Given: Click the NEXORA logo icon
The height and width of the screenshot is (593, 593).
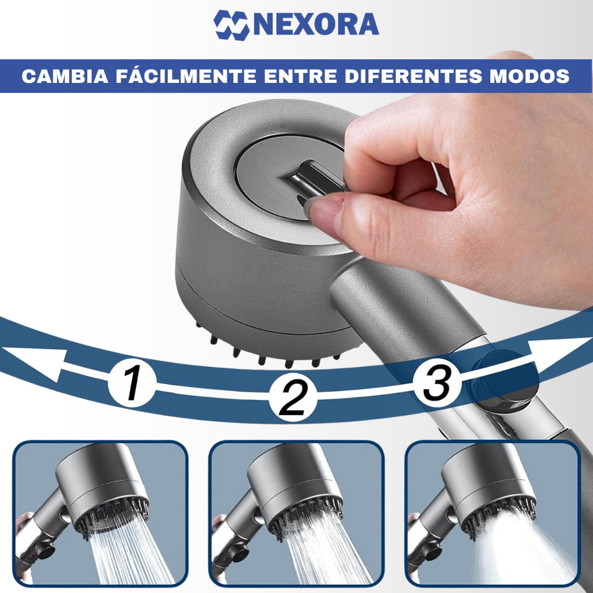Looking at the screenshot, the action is coord(232,25).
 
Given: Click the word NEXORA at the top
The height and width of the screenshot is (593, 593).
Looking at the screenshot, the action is coord(316,25).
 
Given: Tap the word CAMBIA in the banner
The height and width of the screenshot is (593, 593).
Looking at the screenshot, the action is coord(65,76).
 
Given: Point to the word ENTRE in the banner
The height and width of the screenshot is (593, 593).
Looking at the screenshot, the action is coord(301,76).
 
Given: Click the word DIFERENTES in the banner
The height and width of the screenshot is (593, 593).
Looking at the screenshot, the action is coord(413,76).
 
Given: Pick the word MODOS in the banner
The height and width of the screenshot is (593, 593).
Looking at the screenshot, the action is coord(529,76).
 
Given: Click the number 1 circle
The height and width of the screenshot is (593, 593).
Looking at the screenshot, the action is coord(132,383).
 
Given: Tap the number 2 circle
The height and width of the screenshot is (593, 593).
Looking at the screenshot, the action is coord(293,398).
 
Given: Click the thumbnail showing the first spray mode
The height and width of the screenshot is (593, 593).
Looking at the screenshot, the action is coord(100,513).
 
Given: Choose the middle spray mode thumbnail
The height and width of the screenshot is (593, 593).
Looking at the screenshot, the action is coord(296,513).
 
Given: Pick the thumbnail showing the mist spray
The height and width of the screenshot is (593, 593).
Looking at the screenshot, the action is coord(493,513).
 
